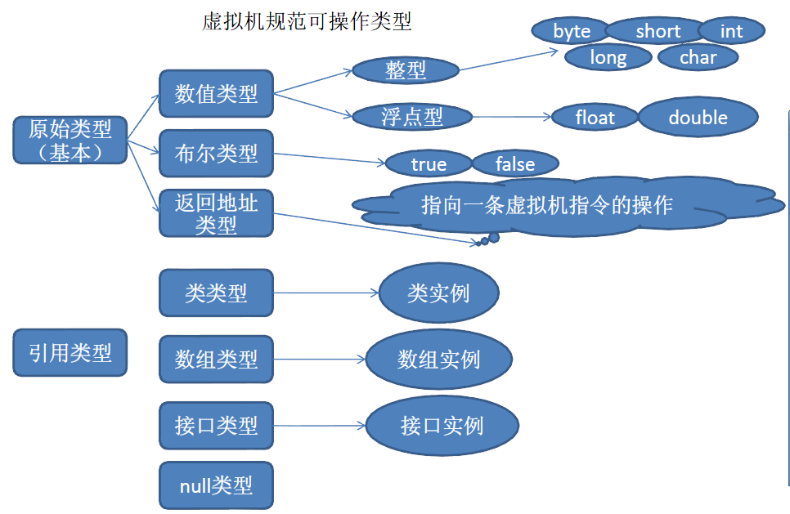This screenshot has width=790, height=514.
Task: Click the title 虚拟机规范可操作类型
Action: tap(307, 22)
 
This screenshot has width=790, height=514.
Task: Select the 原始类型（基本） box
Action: tap(70, 140)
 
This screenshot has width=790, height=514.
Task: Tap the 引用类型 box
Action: tap(70, 352)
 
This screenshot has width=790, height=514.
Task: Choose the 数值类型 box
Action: tap(216, 93)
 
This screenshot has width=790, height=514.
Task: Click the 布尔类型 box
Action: tap(216, 153)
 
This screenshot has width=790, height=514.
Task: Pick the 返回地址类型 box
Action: tap(216, 213)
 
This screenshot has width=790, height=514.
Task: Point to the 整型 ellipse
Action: tap(406, 69)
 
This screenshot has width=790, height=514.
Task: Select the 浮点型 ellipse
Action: tap(412, 117)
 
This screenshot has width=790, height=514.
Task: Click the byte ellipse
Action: tap(572, 31)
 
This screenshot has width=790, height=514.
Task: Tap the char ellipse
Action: tap(698, 57)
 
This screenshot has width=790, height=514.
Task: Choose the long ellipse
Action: tap(608, 57)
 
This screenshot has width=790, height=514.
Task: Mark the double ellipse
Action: tap(698, 118)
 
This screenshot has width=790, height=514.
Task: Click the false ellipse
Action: tap(515, 164)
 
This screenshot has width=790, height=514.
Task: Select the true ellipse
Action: tap(429, 164)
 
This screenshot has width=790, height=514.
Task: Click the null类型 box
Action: tap(216, 486)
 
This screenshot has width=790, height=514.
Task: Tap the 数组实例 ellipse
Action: tap(438, 360)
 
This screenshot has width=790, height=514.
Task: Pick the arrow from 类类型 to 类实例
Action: tap(326, 293)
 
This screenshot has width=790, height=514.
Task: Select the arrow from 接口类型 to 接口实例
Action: tap(320, 426)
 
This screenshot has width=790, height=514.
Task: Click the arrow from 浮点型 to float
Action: tap(512, 117)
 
